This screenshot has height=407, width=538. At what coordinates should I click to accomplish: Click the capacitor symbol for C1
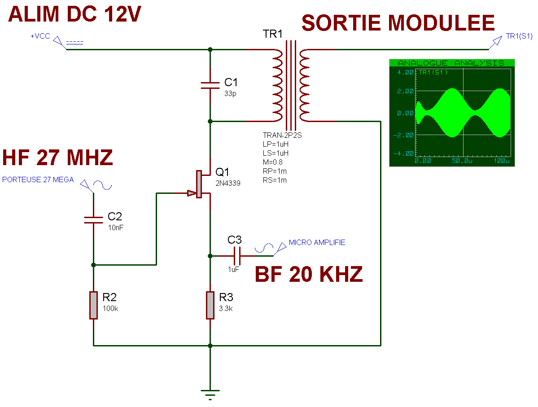coord(210,85)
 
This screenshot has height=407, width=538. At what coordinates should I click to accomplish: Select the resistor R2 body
coord(93,305)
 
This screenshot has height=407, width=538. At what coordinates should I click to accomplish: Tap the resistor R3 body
coord(210,305)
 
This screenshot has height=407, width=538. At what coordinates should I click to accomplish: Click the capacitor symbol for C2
coord(93,220)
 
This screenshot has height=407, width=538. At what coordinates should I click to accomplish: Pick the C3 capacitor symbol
coord(236,256)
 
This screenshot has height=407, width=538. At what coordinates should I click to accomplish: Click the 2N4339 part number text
coord(228,183)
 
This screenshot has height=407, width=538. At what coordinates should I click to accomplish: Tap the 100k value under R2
coord(110,308)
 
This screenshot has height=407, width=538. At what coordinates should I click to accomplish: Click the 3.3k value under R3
coord(226,308)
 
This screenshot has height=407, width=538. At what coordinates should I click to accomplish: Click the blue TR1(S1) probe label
coord(519,36)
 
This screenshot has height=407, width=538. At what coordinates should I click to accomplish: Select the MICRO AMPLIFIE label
coord(317,242)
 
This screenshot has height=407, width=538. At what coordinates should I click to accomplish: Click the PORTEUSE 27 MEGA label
coord(38,180)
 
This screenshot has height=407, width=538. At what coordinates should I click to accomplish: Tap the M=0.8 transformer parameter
coord(272,162)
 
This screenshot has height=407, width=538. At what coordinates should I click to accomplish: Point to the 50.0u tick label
coord(462,161)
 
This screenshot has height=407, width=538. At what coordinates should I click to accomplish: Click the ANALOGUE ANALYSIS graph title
coord(451,63)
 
